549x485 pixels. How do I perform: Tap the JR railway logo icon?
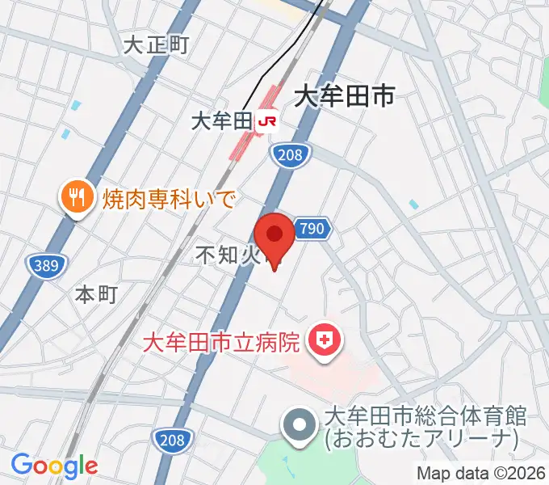[267, 122]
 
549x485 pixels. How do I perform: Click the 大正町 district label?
[156, 45]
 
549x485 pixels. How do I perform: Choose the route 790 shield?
[311, 229]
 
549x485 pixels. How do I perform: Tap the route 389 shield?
[46, 264]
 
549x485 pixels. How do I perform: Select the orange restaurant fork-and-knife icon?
[77, 196]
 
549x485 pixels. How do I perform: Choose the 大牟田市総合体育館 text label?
[425, 416]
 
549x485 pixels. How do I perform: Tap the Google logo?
[54, 466]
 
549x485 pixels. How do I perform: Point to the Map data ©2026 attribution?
[481, 473]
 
